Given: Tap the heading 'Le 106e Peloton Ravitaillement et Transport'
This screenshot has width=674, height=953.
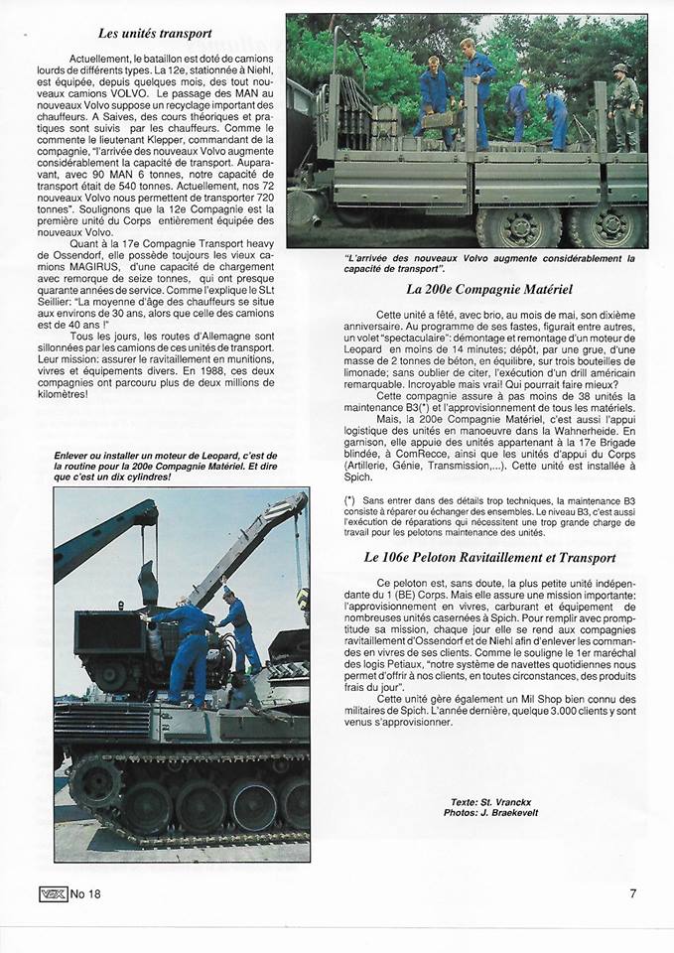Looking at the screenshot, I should click(489, 558).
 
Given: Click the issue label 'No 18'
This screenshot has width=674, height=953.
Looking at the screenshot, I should click(85, 893).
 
